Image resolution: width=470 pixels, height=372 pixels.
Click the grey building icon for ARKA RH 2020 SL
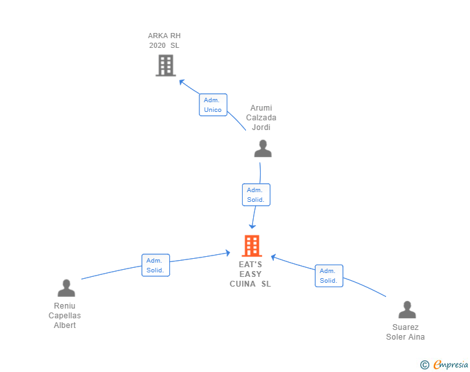point(166,65)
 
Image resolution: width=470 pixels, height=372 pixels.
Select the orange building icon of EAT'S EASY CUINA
point(251,246)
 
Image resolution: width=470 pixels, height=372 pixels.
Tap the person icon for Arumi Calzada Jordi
point(263,149)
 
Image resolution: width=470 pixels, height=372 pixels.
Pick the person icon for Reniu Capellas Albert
point(66,289)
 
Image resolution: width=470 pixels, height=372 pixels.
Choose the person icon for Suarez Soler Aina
point(407,310)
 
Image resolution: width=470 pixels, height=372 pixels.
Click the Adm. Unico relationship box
point(212,105)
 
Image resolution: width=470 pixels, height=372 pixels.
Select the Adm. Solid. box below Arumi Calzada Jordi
point(256,195)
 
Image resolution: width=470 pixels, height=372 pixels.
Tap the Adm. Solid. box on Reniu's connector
point(156,265)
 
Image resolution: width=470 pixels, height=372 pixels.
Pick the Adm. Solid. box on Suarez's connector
point(329,276)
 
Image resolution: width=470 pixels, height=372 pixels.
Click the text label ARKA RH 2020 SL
point(164,41)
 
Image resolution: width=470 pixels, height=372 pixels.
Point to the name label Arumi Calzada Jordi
point(261,118)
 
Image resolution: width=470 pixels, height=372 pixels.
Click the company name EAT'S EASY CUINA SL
point(250,274)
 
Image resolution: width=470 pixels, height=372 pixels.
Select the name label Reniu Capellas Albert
point(65,316)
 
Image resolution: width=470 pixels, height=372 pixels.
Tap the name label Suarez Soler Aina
point(405,332)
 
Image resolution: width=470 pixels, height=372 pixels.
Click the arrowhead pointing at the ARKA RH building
point(182,82)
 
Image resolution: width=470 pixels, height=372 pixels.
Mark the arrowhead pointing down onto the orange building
point(252,225)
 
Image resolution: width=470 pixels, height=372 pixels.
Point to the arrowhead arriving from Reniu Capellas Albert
point(227,252)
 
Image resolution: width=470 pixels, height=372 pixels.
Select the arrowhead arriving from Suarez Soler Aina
point(274,257)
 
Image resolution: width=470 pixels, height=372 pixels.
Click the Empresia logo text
point(451,365)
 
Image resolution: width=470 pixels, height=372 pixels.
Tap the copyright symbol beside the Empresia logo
point(424,366)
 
